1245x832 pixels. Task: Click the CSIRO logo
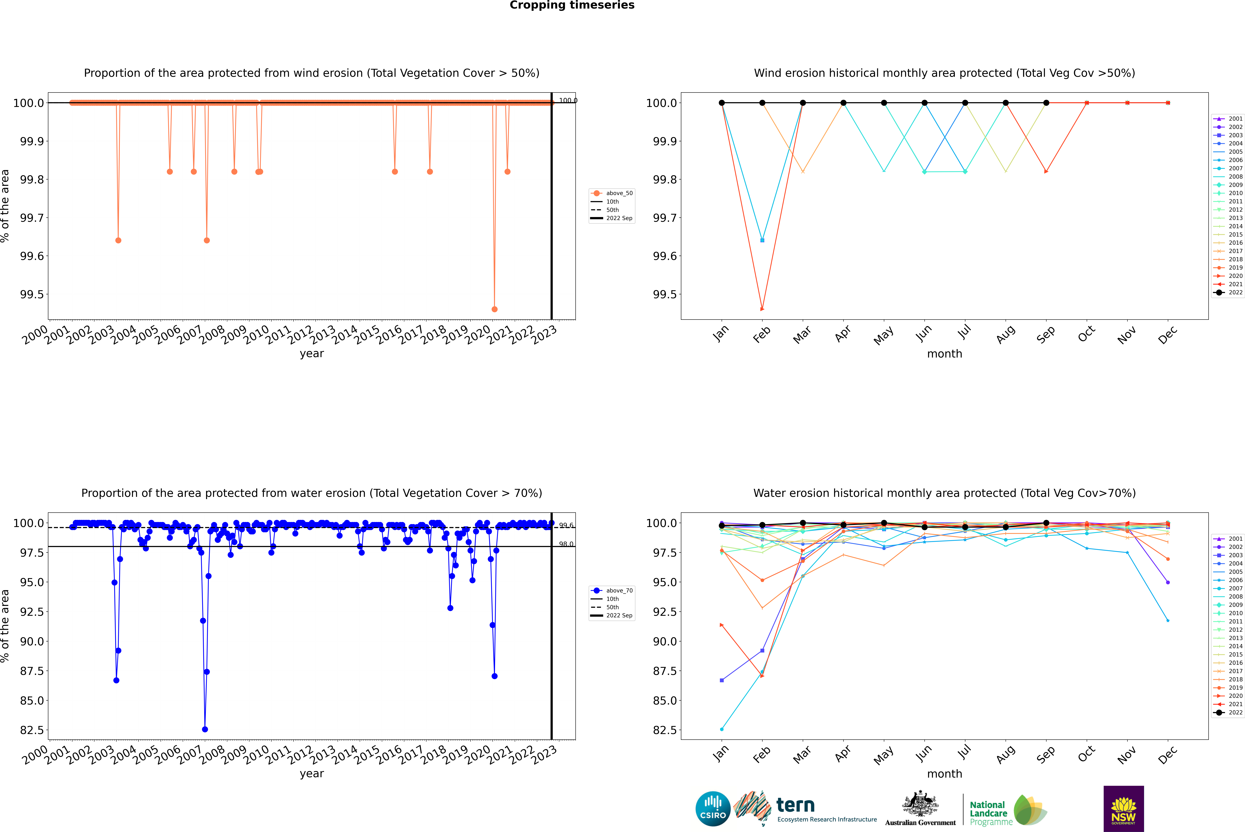713,809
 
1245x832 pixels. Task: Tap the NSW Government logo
1123,809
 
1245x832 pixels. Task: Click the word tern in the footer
795,805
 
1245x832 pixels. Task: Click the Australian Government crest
920,804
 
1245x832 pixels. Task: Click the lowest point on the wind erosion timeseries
495,309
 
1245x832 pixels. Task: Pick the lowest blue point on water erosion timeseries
205,729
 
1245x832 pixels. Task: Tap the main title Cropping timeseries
572,5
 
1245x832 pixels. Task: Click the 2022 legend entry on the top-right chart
1229,292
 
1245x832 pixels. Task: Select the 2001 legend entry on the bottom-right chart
1229,539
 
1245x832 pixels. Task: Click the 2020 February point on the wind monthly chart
762,309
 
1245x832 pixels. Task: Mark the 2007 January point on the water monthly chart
722,729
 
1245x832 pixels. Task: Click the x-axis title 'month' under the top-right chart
945,354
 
